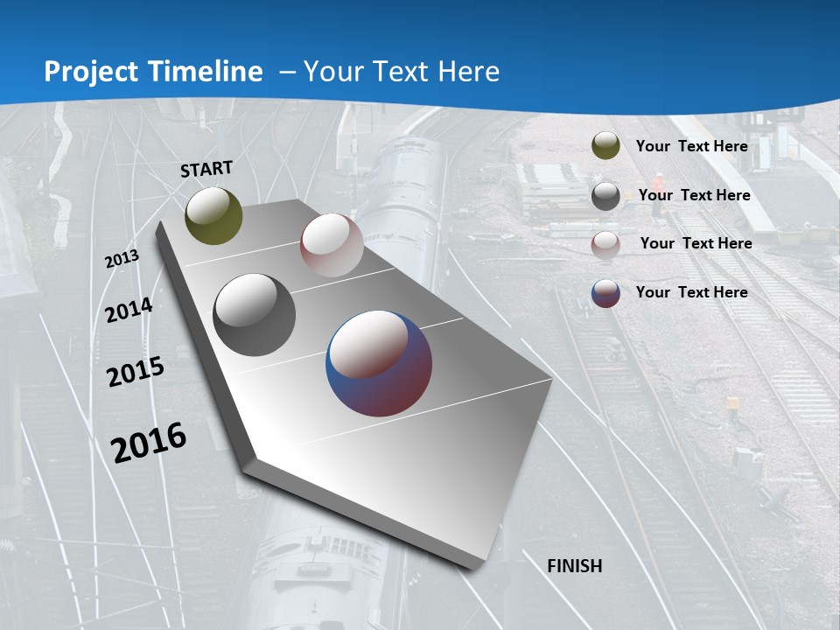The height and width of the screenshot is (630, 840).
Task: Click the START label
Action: [x=206, y=169]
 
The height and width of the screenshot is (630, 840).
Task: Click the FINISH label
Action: [x=575, y=566]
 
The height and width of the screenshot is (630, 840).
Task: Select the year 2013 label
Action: [x=122, y=259]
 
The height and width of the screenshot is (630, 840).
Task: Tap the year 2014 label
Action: [x=129, y=310]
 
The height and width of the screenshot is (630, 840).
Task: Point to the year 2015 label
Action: [x=136, y=371]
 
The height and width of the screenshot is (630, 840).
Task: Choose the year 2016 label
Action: [x=149, y=442]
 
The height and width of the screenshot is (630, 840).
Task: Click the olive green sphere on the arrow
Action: [x=213, y=215]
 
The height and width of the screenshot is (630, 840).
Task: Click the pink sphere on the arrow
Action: [x=332, y=245]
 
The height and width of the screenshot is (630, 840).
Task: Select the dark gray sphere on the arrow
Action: [x=254, y=315]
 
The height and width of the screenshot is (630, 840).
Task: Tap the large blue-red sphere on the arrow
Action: [x=379, y=362]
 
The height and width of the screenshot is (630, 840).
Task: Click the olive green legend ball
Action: [x=605, y=146]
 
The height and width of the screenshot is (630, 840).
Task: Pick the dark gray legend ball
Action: [x=605, y=196]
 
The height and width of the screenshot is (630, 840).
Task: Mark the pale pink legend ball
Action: [x=605, y=244]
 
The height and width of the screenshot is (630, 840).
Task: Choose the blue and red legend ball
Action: [x=605, y=293]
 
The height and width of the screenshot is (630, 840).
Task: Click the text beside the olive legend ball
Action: [x=691, y=146]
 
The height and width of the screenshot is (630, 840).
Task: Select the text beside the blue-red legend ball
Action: [x=691, y=292]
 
